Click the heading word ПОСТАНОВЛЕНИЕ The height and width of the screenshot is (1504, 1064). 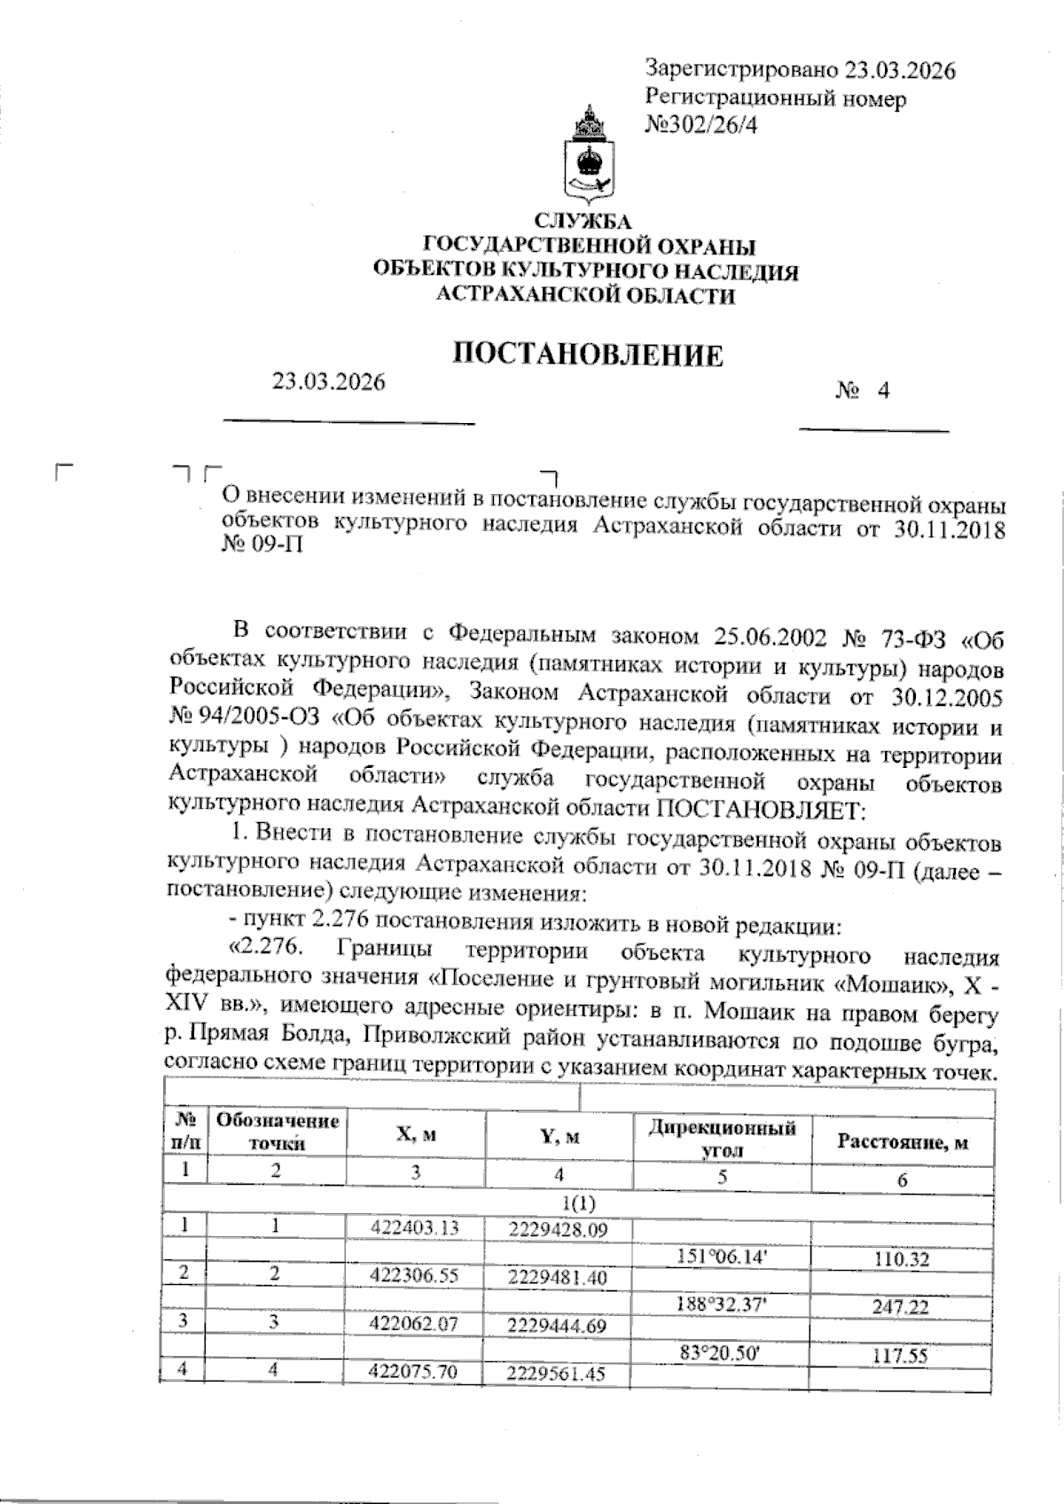pyautogui.click(x=587, y=356)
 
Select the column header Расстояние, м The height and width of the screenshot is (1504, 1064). pyautogui.click(x=902, y=1142)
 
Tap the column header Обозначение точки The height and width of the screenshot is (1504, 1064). pyautogui.click(x=278, y=1132)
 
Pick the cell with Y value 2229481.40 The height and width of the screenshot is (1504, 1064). pyautogui.click(x=558, y=1278)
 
